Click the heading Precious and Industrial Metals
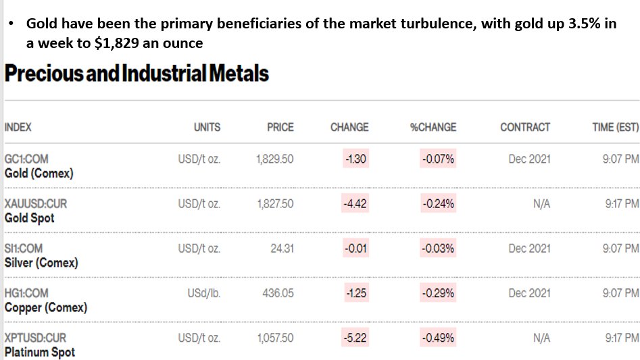pos(137,74)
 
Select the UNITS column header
pos(207,127)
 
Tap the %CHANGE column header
pos(433,127)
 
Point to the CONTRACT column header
pos(525,127)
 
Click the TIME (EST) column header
pos(616,127)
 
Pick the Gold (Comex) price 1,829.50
pos(274,159)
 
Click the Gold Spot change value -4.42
pos(355,203)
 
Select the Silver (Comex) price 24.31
pos(282,249)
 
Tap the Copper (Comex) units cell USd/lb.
pos(203,293)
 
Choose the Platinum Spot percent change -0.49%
pos(438,338)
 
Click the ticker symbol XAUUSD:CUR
pos(36,203)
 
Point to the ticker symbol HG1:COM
pos(26,293)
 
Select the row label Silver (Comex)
pos(41,263)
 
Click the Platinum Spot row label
pos(40,352)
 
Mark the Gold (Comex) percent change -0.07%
pos(438,159)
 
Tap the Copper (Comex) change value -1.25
pos(355,293)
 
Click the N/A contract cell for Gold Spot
pos(541,203)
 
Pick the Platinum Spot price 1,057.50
pos(275,338)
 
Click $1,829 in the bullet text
pos(117,43)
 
